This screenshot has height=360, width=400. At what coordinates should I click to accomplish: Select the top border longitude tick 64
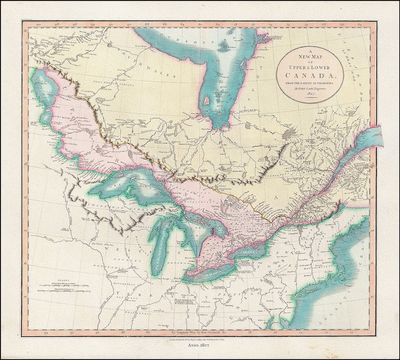click(x=373, y=24)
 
